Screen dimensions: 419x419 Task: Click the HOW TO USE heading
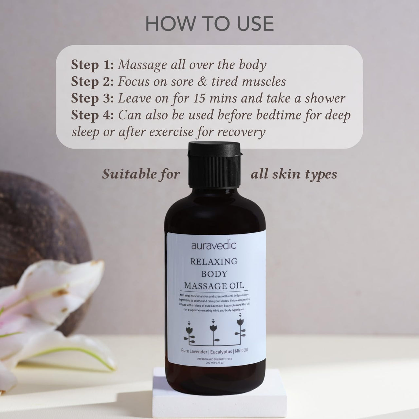209,24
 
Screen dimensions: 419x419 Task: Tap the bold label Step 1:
92,65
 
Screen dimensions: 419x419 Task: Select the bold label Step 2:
92,82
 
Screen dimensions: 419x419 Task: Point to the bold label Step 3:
92,99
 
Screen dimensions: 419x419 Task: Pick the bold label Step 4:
92,115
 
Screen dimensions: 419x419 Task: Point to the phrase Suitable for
141,174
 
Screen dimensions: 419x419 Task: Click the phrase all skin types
294,174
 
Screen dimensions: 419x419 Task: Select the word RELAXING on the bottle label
214,262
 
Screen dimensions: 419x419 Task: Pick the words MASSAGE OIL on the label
214,285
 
